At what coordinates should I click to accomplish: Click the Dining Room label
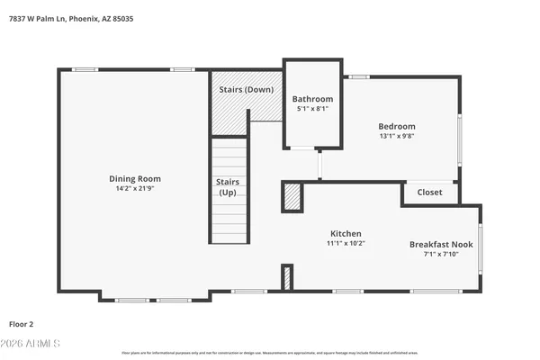135,178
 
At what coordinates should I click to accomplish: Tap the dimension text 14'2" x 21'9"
135,190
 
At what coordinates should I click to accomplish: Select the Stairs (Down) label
247,89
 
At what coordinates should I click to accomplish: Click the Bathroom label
312,99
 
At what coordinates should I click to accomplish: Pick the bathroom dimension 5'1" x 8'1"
312,109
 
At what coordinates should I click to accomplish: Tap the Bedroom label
396,126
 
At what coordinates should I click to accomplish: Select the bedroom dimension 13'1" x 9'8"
396,137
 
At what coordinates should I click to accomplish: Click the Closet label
429,192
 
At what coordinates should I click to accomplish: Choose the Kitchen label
345,232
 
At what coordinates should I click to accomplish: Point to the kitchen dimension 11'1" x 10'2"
345,243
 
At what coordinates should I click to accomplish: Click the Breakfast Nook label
441,244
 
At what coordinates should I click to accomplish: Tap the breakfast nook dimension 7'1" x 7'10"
441,255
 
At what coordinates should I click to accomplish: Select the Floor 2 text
22,323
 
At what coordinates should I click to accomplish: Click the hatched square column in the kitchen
292,196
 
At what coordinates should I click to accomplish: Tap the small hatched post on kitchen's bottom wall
287,277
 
